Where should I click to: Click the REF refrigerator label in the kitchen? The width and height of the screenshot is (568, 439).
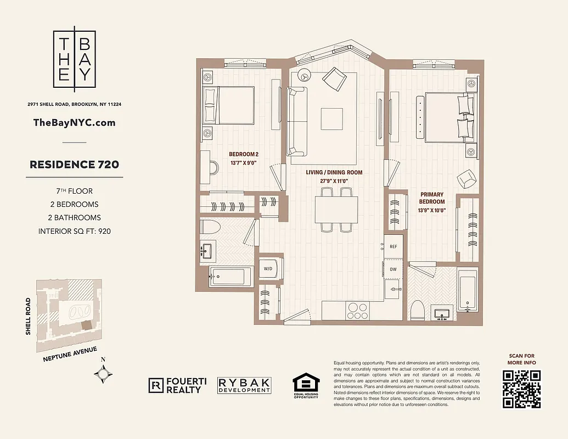pyautogui.click(x=393, y=246)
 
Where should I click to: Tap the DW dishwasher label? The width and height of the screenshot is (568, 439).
pyautogui.click(x=393, y=269)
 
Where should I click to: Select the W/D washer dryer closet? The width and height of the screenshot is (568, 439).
pyautogui.click(x=268, y=269)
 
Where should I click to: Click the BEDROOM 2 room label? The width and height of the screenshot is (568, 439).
pyautogui.click(x=243, y=154)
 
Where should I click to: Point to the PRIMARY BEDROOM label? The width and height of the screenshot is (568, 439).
pyautogui.click(x=432, y=194)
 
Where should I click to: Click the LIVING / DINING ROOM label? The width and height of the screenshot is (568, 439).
pyautogui.click(x=334, y=172)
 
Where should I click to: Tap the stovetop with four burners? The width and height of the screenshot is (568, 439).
pyautogui.click(x=357, y=311)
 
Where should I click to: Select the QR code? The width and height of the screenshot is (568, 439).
pyautogui.click(x=522, y=389)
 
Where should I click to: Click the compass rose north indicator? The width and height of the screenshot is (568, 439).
pyautogui.click(x=104, y=374)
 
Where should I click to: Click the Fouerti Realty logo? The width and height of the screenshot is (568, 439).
pyautogui.click(x=175, y=385)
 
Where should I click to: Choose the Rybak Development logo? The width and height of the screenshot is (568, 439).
pyautogui.click(x=244, y=385)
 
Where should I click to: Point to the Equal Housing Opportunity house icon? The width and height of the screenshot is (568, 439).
pyautogui.click(x=306, y=384)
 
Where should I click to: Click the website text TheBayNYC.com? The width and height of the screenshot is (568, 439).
pyautogui.click(x=75, y=122)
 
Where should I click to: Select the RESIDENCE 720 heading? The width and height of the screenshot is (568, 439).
pyautogui.click(x=75, y=164)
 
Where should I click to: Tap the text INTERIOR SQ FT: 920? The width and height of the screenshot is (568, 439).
pyautogui.click(x=75, y=231)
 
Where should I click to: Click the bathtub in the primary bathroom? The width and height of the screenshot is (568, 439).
pyautogui.click(x=467, y=291)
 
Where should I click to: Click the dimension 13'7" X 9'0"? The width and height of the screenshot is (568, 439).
pyautogui.click(x=243, y=163)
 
